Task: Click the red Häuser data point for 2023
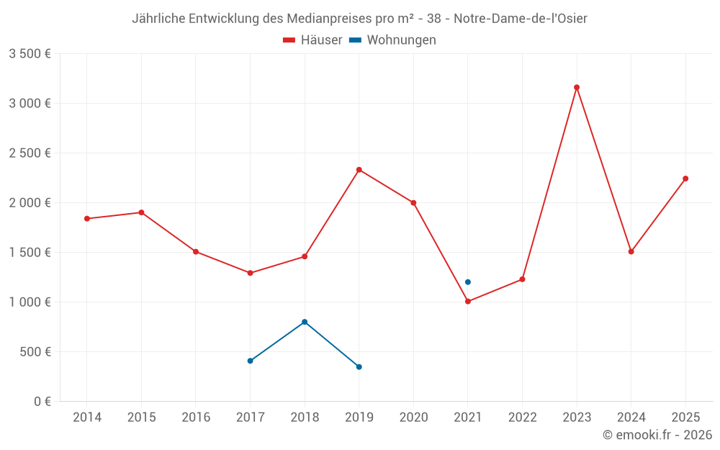click(577, 87)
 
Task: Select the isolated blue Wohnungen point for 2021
click(468, 282)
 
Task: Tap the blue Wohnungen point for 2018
click(305, 322)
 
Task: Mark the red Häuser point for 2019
click(359, 170)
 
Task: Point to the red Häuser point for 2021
click(468, 302)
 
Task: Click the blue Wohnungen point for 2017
click(250, 361)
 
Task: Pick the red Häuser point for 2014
click(87, 219)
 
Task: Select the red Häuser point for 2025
click(685, 179)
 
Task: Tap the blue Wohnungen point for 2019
click(359, 367)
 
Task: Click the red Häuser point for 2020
click(413, 203)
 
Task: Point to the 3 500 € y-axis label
click(30, 54)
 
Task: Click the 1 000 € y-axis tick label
click(30, 302)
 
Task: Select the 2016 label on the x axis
click(196, 418)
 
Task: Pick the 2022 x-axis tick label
click(522, 418)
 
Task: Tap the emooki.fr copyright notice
click(657, 435)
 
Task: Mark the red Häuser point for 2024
click(631, 252)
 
